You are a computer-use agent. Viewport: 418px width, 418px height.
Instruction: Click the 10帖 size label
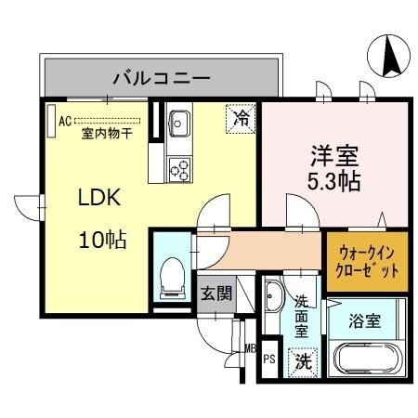point(102,239)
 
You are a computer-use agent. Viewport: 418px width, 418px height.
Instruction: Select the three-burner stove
point(179,170)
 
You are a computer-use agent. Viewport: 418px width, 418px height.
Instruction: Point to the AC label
point(65,120)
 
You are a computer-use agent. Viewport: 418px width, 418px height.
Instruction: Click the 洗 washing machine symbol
point(303,359)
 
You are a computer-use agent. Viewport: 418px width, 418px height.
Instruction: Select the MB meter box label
point(249,349)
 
